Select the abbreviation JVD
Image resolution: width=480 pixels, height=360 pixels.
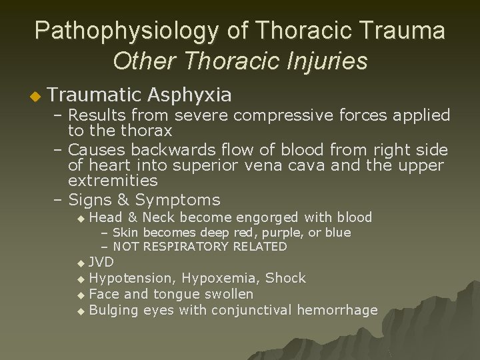coord(101,261)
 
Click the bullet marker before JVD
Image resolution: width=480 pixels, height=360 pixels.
coord(81,263)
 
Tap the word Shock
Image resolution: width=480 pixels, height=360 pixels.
coord(287,277)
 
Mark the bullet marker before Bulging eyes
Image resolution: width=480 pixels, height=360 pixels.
coord(81,311)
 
